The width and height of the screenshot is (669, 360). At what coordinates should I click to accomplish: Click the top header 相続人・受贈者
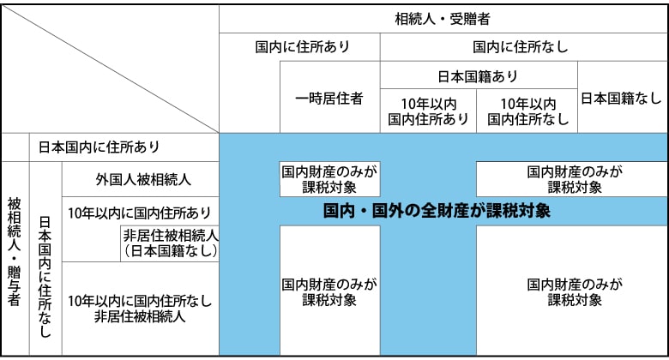(x=443, y=18)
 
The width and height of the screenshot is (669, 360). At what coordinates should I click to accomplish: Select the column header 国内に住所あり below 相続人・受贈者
(x=300, y=47)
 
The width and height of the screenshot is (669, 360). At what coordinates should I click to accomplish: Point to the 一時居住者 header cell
(x=329, y=98)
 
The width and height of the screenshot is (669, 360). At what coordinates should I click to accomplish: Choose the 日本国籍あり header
(x=478, y=75)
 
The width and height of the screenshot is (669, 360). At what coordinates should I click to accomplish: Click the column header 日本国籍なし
(x=622, y=98)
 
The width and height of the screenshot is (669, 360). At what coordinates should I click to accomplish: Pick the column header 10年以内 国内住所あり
(x=428, y=111)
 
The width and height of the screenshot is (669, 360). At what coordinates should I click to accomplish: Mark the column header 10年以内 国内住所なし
(x=527, y=111)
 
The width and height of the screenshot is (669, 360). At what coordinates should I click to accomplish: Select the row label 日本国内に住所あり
(x=111, y=147)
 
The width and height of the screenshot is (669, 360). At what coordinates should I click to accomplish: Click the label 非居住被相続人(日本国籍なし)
(x=171, y=243)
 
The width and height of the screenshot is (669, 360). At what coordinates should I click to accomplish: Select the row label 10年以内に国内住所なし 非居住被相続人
(x=139, y=308)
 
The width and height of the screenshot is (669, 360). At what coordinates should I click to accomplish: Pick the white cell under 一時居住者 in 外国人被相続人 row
(x=329, y=178)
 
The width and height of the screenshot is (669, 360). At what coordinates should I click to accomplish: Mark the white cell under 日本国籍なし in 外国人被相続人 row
(x=571, y=178)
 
